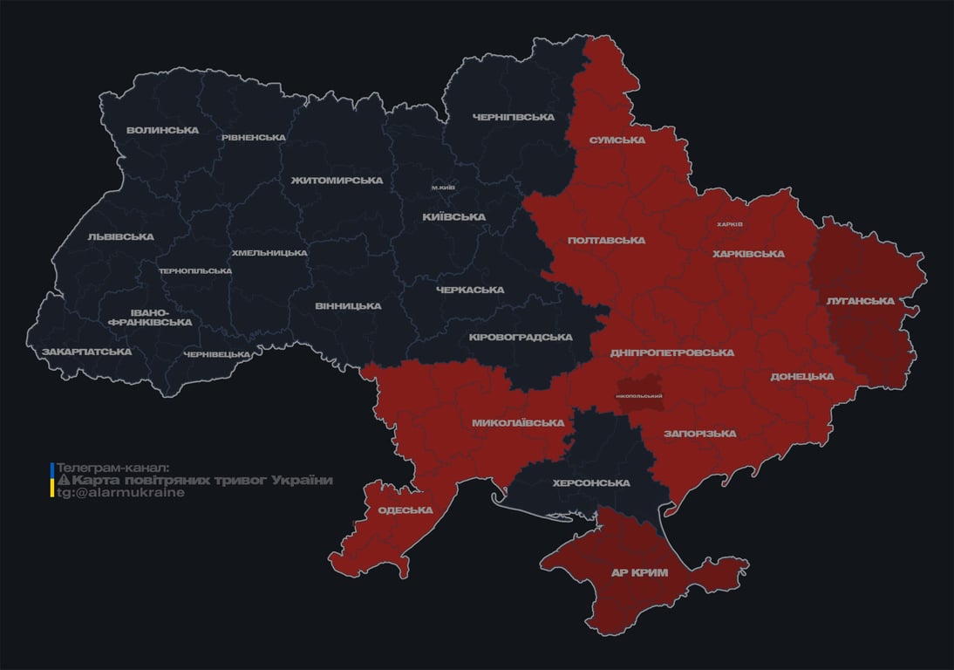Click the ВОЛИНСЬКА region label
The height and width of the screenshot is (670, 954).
point(162,131)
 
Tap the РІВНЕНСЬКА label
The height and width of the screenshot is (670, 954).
point(254,138)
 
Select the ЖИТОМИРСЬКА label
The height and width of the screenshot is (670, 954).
point(337,181)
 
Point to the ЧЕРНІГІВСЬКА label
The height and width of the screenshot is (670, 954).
point(514,117)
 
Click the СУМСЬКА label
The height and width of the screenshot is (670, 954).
point(617,140)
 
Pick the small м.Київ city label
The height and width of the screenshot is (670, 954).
point(443,188)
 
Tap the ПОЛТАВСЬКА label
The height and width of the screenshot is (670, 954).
point(606,240)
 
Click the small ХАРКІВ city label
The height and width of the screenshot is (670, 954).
point(730,224)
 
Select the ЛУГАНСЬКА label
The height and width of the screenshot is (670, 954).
point(861,301)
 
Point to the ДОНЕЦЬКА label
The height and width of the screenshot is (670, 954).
point(802,377)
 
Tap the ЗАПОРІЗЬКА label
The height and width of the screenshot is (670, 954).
point(699,434)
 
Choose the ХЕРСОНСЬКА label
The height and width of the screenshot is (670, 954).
point(591,483)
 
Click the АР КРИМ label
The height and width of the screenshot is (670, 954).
point(638,572)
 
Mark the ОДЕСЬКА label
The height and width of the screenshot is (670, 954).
point(405,510)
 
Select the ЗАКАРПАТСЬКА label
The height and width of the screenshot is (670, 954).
point(87,352)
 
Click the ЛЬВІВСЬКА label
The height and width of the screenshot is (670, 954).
point(120,236)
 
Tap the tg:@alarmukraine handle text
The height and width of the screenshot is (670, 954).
point(120,493)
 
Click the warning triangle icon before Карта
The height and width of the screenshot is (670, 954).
point(63,481)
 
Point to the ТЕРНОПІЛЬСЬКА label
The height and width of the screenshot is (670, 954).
point(195,270)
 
